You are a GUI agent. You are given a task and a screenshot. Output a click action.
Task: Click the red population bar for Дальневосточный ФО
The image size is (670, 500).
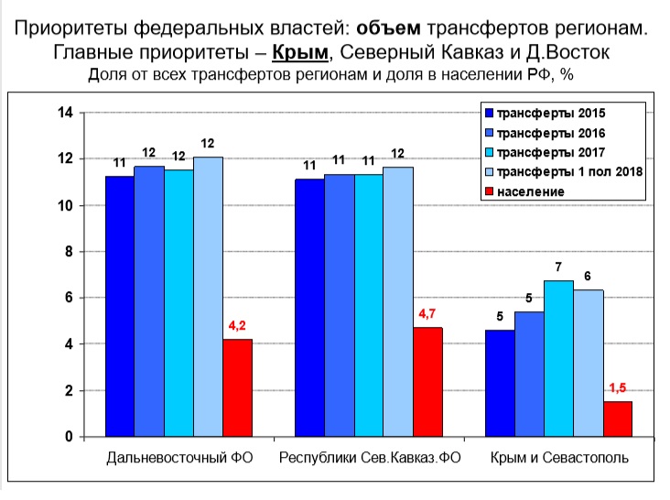click(x=237, y=388)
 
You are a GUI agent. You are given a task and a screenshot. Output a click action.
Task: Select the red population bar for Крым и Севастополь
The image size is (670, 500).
click(x=618, y=418)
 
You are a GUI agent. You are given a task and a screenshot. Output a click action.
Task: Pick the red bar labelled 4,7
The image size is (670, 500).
click(x=427, y=382)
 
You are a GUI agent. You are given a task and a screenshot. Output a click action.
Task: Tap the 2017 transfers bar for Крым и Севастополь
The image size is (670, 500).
click(x=558, y=359)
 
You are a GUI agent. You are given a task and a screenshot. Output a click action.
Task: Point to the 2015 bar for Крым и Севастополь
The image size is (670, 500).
click(x=500, y=383)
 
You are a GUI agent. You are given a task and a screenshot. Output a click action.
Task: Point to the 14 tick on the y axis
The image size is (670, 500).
click(x=64, y=113)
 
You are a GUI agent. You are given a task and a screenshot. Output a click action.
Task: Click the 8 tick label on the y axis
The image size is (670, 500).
click(x=68, y=252)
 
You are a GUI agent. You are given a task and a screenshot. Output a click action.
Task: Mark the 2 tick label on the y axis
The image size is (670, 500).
click(x=68, y=391)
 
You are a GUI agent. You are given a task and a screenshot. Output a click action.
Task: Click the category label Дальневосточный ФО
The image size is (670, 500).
click(x=178, y=457)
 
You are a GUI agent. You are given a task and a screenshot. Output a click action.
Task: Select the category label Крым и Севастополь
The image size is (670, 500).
click(x=559, y=457)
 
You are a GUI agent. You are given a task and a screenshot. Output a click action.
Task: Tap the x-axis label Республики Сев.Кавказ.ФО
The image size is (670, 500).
click(x=369, y=457)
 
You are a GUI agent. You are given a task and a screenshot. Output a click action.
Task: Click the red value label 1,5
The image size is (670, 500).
click(x=618, y=387)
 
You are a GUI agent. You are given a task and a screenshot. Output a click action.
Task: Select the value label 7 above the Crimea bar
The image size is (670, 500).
click(x=558, y=266)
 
